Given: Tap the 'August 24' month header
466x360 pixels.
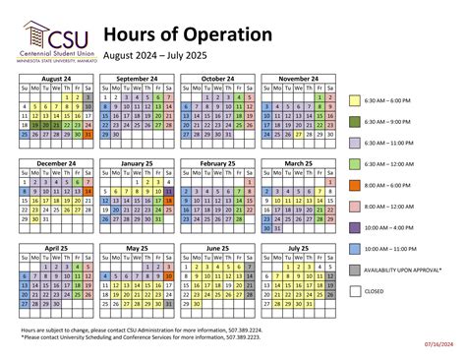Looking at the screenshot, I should pyautogui.click(x=56, y=78).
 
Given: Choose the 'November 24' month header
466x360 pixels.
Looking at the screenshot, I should pyautogui.click(x=298, y=78).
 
